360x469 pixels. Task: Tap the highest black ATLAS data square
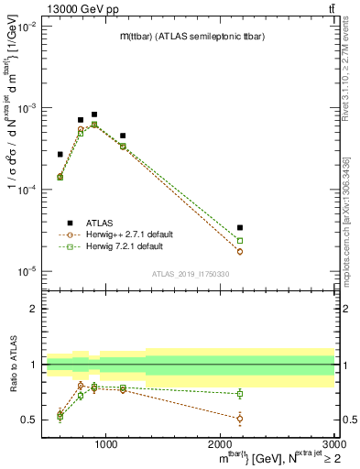click(94, 115)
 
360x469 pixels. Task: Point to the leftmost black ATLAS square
click(60, 154)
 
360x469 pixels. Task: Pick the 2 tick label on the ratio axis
click(34, 309)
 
